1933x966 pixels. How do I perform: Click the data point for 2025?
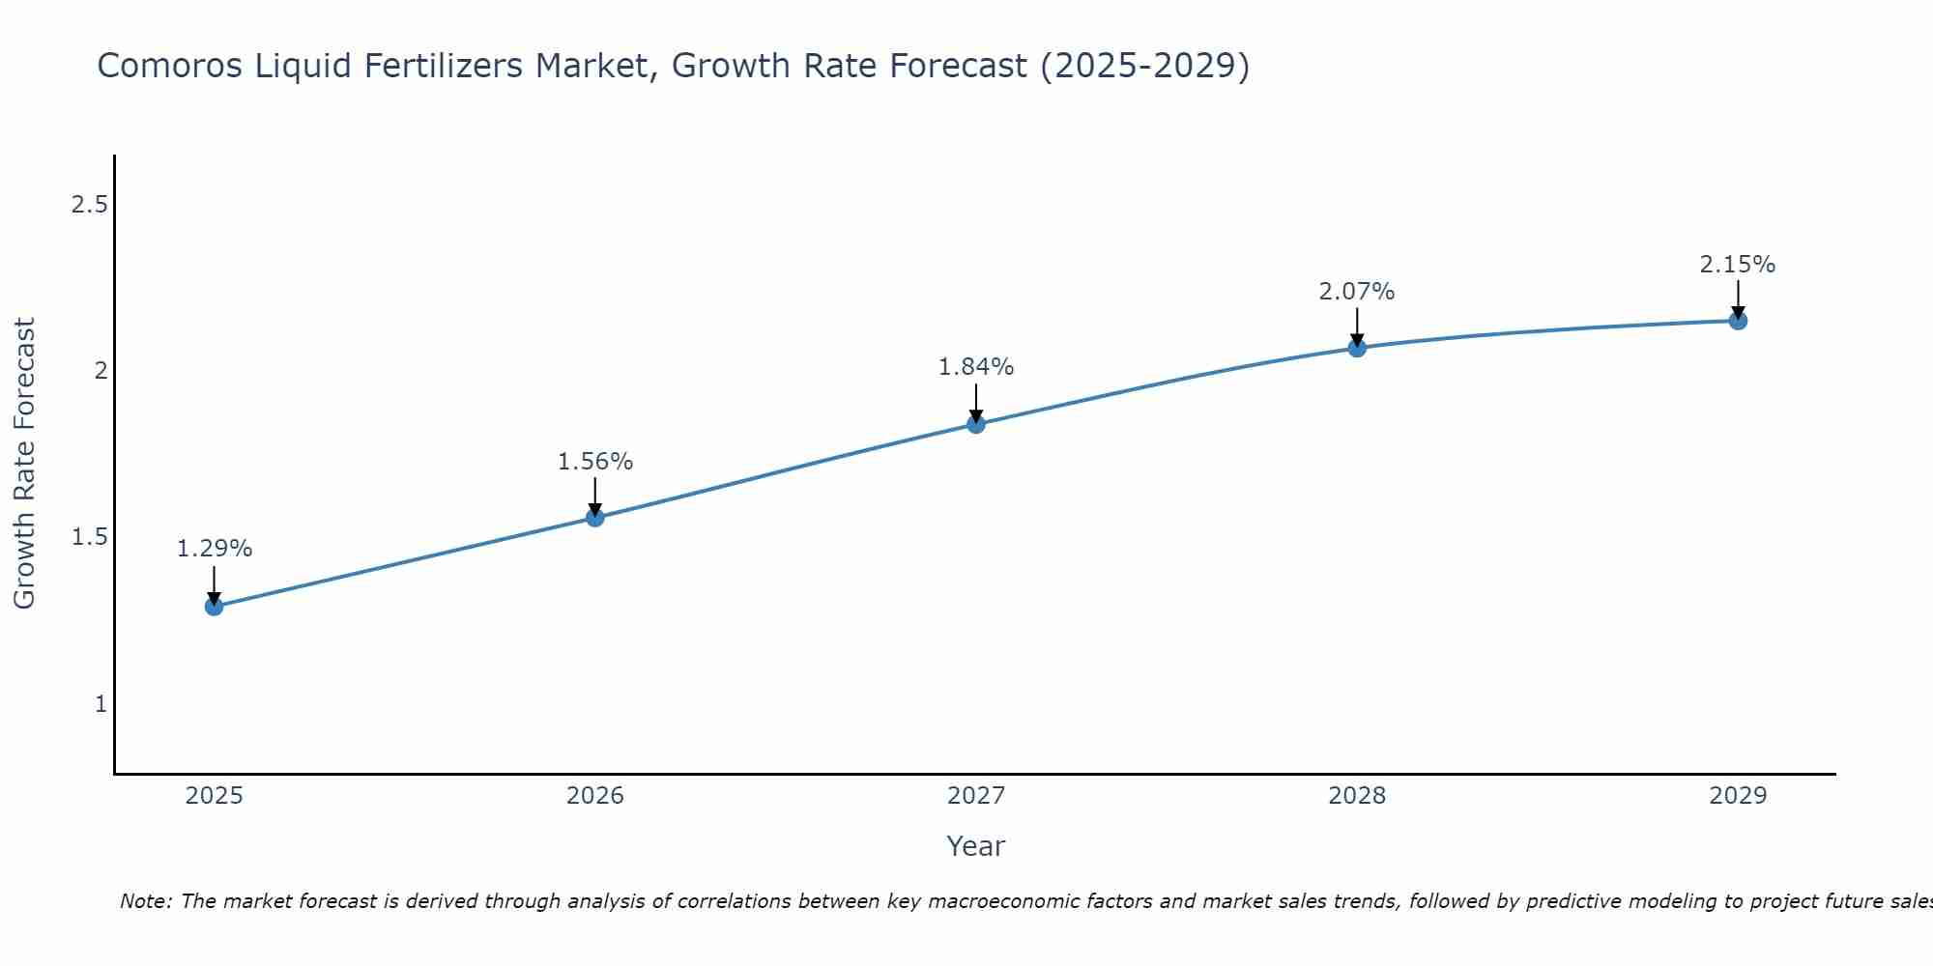pos(214,607)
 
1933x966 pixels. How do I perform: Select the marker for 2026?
pos(595,518)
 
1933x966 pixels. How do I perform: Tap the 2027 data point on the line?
pos(976,424)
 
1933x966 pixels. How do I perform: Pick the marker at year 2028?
pos(1357,348)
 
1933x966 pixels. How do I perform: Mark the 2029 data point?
pos(1738,321)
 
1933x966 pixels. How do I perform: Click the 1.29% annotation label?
pos(214,549)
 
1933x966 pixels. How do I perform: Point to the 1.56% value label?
pos(595,462)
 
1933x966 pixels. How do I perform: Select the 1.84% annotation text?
pos(976,367)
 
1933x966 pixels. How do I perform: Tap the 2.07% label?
pos(1357,292)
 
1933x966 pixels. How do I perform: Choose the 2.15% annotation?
pos(1738,265)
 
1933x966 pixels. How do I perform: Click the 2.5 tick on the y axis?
pos(89,205)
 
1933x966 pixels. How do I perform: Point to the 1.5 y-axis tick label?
pos(89,537)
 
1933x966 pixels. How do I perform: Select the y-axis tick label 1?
pos(101,704)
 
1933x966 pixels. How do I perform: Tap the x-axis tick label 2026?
pos(595,796)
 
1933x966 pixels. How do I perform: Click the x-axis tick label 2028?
pos(1357,796)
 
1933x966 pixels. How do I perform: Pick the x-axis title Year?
pos(976,846)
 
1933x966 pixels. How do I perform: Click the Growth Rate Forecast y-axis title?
pos(24,464)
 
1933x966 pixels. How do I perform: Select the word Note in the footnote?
pos(145,901)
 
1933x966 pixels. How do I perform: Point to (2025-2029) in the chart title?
pos(1144,67)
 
